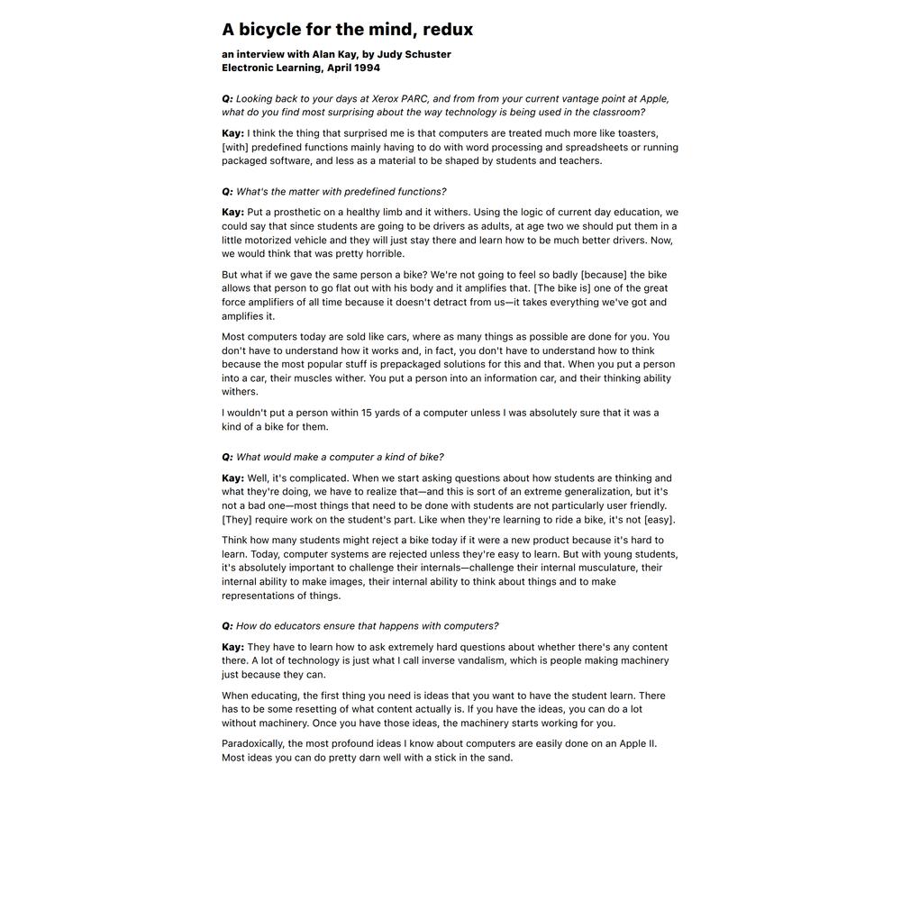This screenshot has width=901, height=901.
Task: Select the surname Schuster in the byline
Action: point(423,54)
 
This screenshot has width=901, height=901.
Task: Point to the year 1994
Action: point(367,68)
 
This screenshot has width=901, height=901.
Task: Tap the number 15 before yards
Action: point(368,413)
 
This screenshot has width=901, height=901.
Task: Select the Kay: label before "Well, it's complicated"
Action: point(232,478)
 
